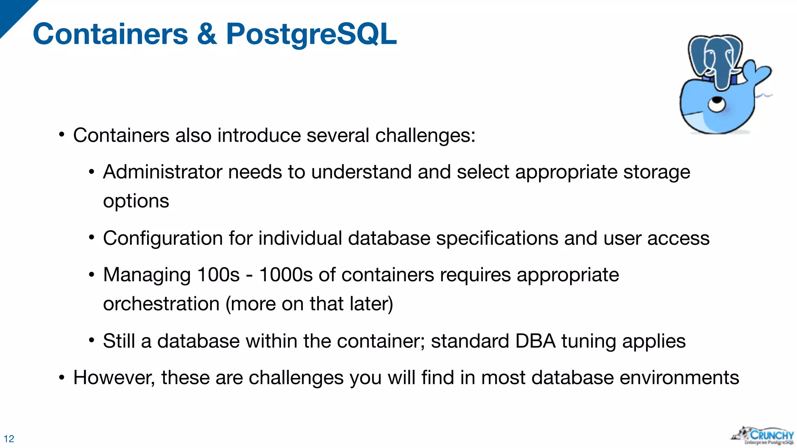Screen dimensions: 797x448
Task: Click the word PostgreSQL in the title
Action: pos(311,34)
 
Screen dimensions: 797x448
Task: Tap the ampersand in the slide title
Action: pos(207,34)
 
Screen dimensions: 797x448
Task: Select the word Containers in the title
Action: pos(111,34)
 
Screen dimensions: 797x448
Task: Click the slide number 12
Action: pos(9,439)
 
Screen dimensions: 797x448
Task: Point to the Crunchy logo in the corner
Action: pos(763,436)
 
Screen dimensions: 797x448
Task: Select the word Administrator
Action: pos(162,172)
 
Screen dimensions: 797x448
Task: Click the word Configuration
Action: pos(163,238)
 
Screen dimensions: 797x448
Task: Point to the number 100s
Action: pos(218,275)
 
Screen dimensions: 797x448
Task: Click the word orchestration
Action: pos(161,304)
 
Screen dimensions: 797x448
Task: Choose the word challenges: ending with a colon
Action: pos(425,135)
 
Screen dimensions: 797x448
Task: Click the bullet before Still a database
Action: pos(91,341)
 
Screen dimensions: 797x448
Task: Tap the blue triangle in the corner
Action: pos(14,14)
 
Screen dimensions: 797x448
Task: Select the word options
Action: pos(136,201)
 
